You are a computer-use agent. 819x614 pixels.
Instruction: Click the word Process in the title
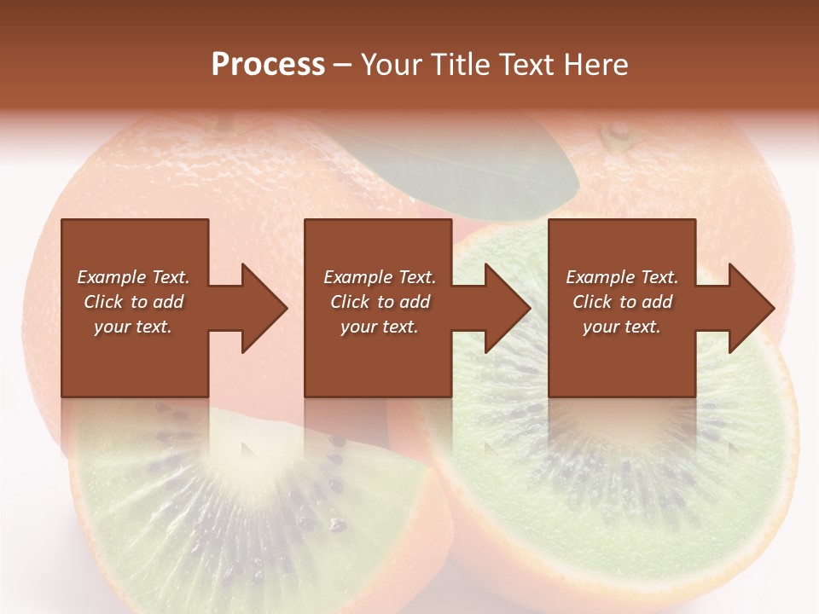point(268,65)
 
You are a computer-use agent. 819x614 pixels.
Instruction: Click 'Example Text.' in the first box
point(133,277)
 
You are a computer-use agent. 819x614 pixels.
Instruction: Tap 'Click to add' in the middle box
point(380,302)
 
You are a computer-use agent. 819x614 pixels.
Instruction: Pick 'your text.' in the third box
point(622,327)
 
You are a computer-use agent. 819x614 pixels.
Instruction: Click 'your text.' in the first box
point(133,327)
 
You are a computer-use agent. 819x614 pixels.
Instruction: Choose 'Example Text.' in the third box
point(622,277)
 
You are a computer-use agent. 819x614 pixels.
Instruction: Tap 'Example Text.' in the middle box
point(380,277)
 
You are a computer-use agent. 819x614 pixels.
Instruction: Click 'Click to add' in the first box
point(133,302)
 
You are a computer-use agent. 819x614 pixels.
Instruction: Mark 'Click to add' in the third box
point(622,302)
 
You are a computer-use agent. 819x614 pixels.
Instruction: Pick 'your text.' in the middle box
point(380,327)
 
